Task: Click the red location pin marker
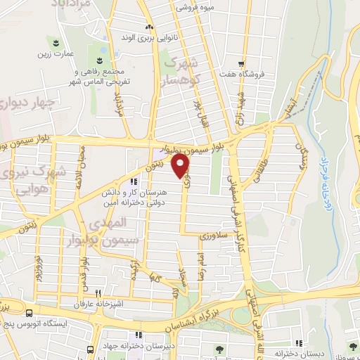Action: (x=181, y=166)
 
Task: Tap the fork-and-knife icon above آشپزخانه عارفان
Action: (x=99, y=293)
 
